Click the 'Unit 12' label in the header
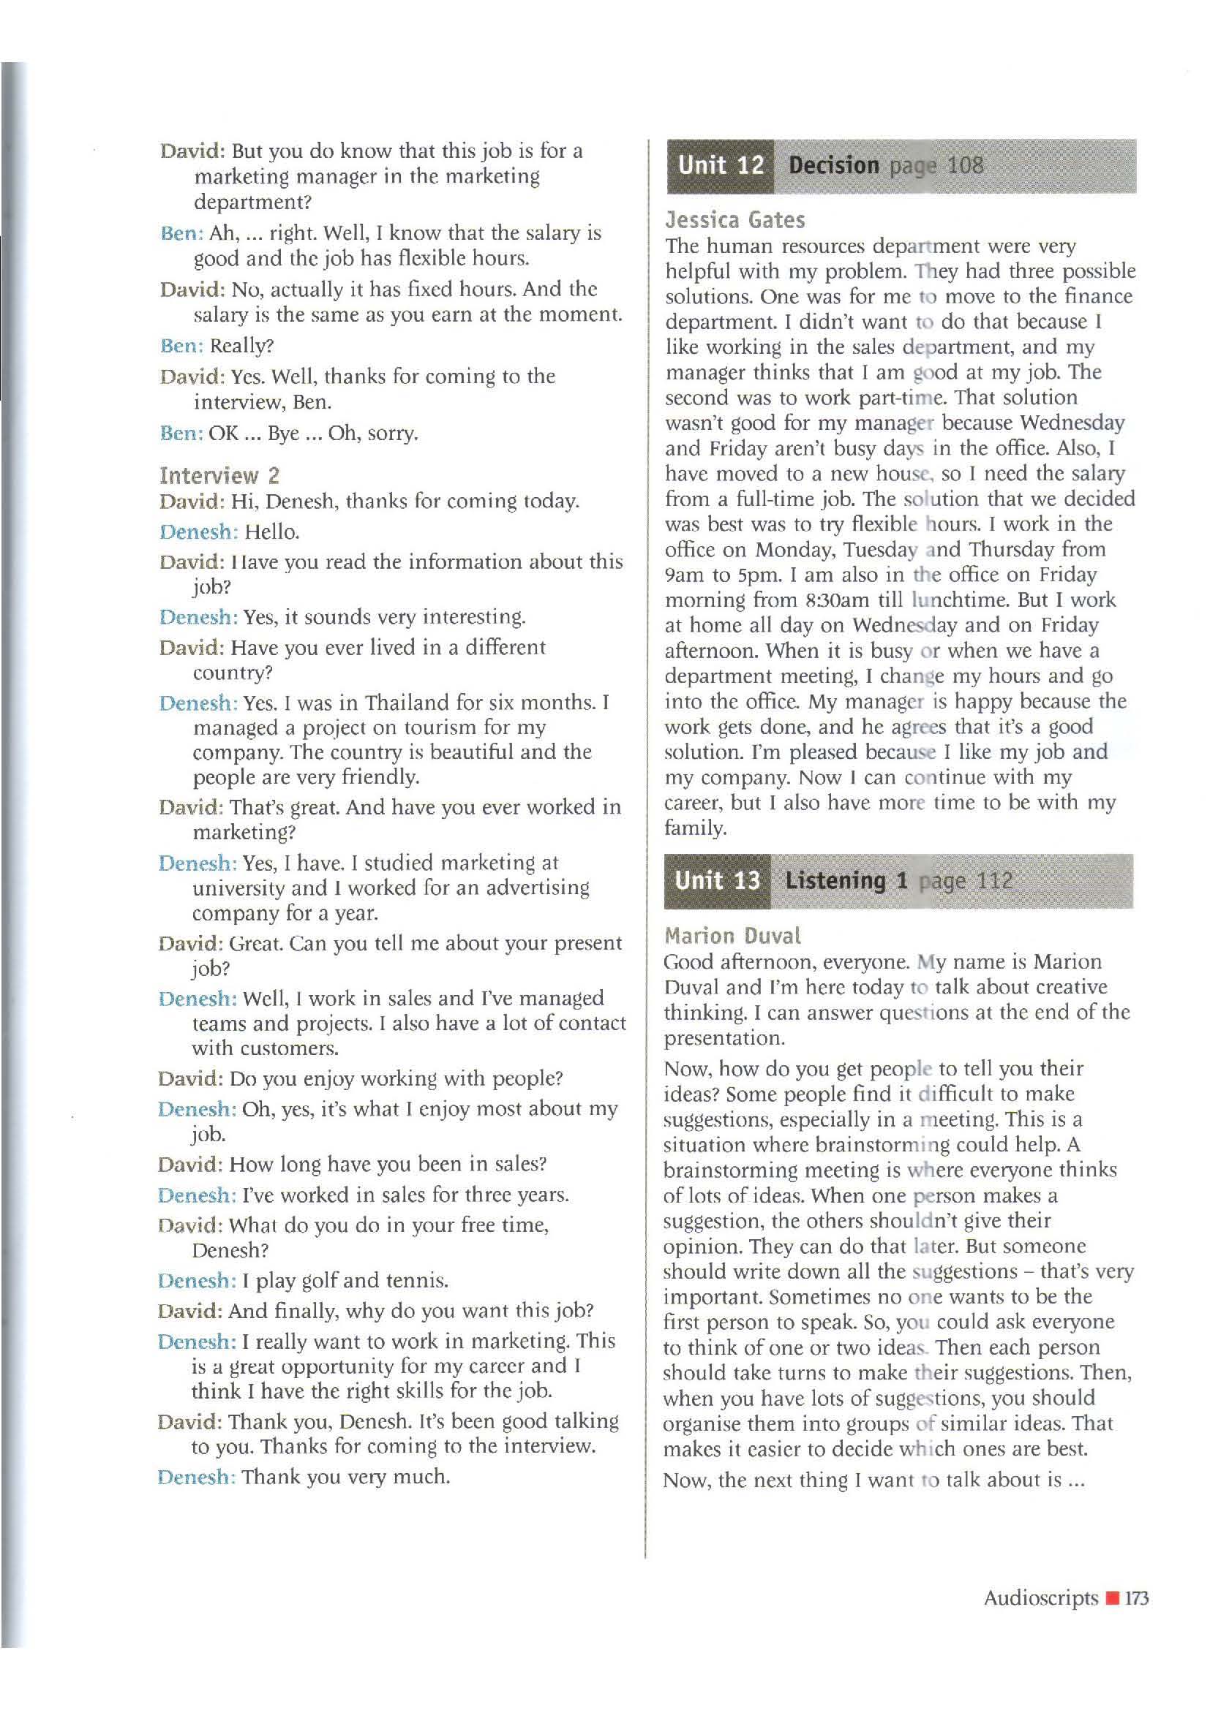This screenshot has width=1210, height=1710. coord(720,165)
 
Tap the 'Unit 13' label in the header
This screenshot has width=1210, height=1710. coord(717,881)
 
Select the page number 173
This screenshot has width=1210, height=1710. coord(1137,1597)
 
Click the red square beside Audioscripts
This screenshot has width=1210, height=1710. coord(1112,1598)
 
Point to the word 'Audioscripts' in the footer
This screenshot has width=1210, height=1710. coord(1041,1597)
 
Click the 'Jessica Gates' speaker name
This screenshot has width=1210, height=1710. coord(734,220)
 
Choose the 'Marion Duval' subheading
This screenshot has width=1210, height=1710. coord(732,936)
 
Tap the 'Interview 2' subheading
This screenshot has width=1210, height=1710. coord(219,475)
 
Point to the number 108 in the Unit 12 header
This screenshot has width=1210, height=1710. coord(965,165)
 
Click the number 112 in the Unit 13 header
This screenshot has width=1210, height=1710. coord(994,881)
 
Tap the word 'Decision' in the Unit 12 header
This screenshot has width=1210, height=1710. coord(834,165)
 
